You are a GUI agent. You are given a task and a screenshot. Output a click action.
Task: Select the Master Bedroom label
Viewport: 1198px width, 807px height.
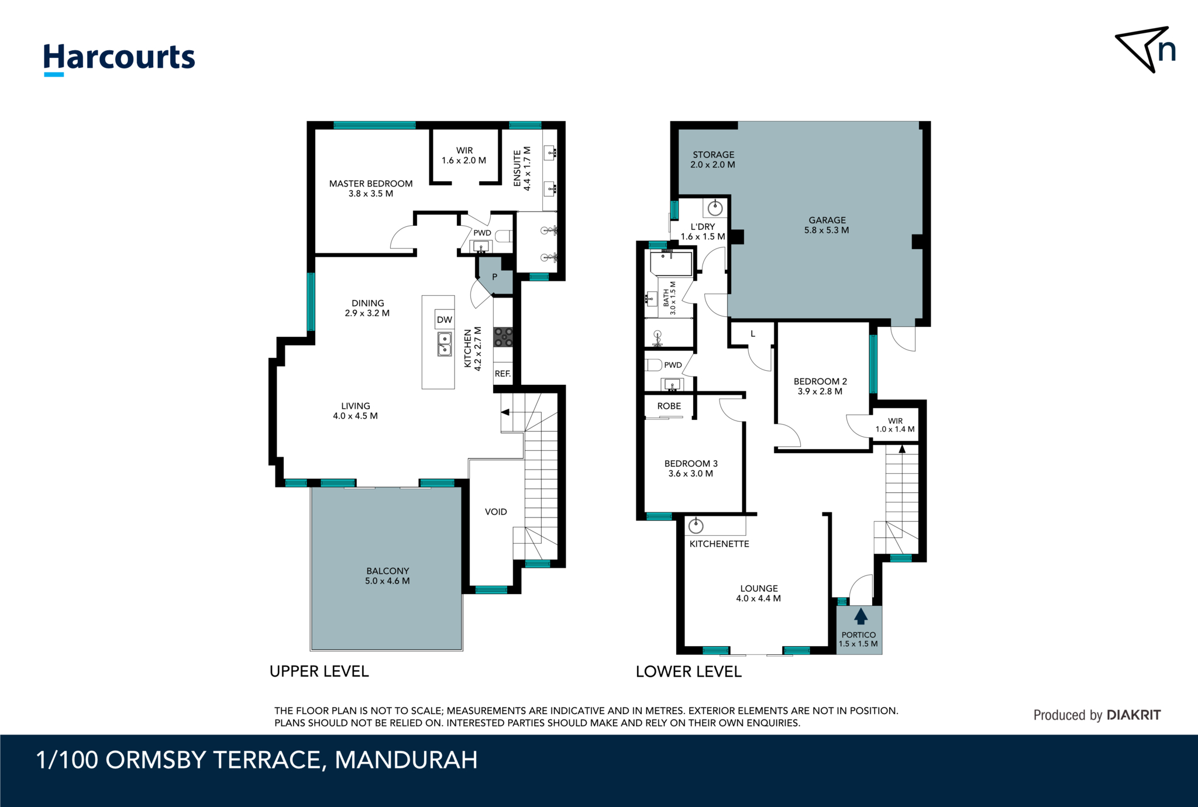point(371,188)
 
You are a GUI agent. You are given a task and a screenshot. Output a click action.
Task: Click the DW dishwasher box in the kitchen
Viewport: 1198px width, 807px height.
point(445,319)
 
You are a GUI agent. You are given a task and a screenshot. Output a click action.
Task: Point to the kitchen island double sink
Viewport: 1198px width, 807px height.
point(445,344)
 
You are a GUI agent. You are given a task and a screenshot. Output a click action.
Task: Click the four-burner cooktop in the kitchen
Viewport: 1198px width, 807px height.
point(503,337)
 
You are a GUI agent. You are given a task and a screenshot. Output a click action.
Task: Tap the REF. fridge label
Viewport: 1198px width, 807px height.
point(502,374)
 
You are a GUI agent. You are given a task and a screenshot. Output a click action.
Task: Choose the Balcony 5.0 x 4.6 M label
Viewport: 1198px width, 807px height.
point(387,575)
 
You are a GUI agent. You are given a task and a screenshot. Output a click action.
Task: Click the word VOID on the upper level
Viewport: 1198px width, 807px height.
point(496,512)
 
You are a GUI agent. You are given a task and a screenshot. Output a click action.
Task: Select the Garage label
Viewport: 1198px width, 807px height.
point(827,225)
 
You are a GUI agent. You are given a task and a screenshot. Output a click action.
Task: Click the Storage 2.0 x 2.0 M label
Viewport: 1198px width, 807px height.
point(713,160)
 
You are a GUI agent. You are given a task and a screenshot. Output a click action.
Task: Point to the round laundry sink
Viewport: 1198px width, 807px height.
point(715,208)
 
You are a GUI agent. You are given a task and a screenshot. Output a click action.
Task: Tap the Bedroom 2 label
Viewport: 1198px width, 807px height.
point(820,386)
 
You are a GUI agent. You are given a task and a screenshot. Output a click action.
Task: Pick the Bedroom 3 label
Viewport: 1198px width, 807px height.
point(691,468)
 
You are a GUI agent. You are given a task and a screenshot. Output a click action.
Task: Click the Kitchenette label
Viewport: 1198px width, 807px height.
point(720,544)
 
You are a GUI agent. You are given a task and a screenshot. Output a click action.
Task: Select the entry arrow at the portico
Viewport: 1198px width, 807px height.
point(860,616)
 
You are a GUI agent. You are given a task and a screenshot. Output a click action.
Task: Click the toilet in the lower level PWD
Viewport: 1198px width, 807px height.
point(653,365)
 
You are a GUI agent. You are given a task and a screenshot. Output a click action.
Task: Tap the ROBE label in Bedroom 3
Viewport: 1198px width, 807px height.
point(669,406)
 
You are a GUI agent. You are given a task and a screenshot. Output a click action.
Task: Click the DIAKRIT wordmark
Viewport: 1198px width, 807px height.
point(1134,715)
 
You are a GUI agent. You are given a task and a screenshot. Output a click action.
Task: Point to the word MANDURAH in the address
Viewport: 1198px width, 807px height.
point(406,760)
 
